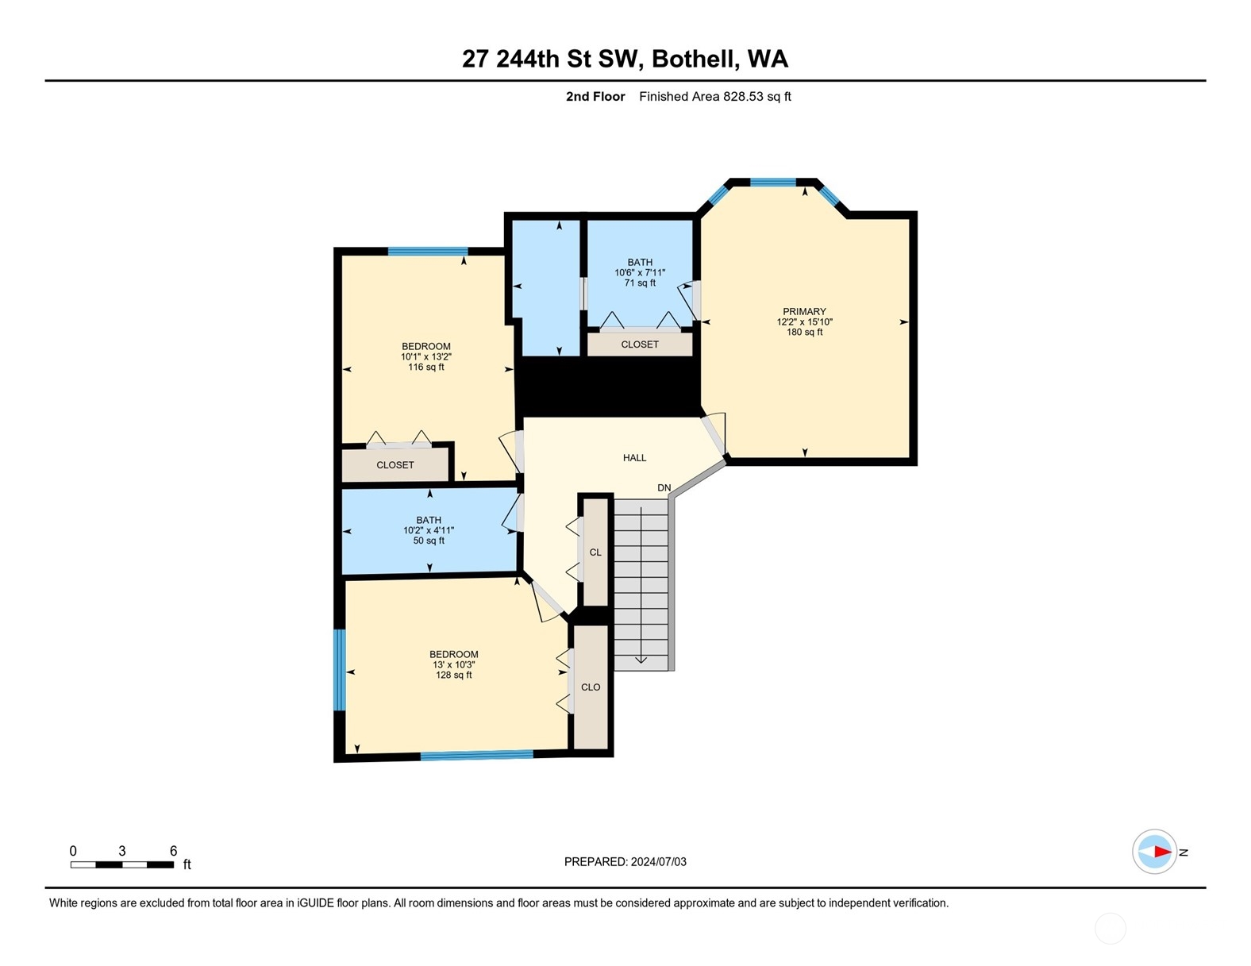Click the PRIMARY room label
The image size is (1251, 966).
pyautogui.click(x=804, y=312)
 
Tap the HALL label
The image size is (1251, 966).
pyautogui.click(x=634, y=458)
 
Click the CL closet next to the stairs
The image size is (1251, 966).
pyautogui.click(x=595, y=552)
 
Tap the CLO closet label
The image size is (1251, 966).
pyautogui.click(x=591, y=687)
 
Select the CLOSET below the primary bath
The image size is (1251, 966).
pyautogui.click(x=640, y=344)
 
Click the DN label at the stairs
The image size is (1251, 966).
pyautogui.click(x=664, y=487)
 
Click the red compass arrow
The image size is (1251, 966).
pyautogui.click(x=1162, y=852)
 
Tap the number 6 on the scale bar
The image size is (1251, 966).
pyautogui.click(x=173, y=851)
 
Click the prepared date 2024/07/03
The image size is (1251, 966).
pyautogui.click(x=658, y=861)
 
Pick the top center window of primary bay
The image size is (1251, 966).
pyautogui.click(x=772, y=182)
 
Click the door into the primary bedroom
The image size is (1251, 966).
pyautogui.click(x=714, y=435)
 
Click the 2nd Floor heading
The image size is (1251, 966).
pyautogui.click(x=595, y=97)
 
